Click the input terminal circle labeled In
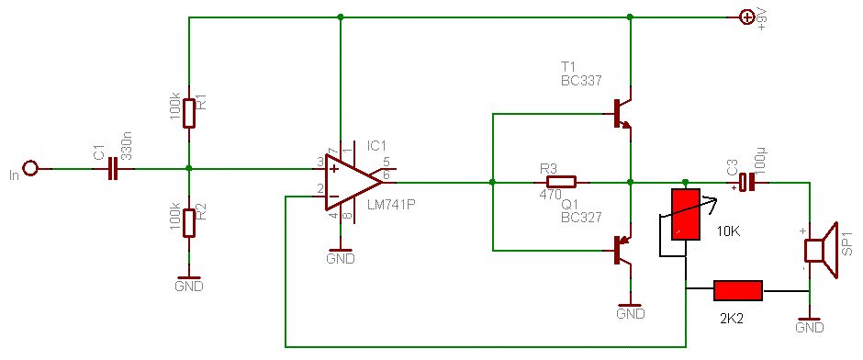[x=31, y=168]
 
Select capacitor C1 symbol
[x=113, y=168]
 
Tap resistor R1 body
[x=189, y=113]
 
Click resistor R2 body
[x=189, y=222]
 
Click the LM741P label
[x=390, y=205]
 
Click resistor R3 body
[x=561, y=182]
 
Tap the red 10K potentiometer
[x=685, y=214]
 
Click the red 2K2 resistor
[x=738, y=290]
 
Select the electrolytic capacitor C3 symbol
[x=746, y=182]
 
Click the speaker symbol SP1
[x=820, y=251]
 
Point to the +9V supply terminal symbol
[x=746, y=17]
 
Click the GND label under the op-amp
[x=342, y=258]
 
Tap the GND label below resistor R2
[x=189, y=287]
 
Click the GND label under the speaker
[x=810, y=328]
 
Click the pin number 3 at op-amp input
[x=319, y=162]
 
